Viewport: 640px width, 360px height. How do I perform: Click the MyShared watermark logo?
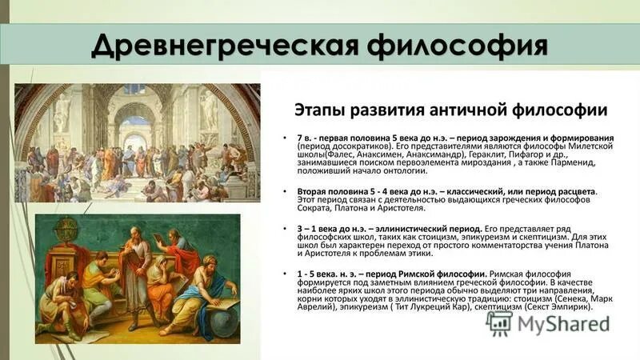[x=548, y=324]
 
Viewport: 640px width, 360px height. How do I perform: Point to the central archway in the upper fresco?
[x=134, y=128]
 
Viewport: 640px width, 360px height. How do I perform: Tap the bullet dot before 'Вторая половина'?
[x=286, y=193]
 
